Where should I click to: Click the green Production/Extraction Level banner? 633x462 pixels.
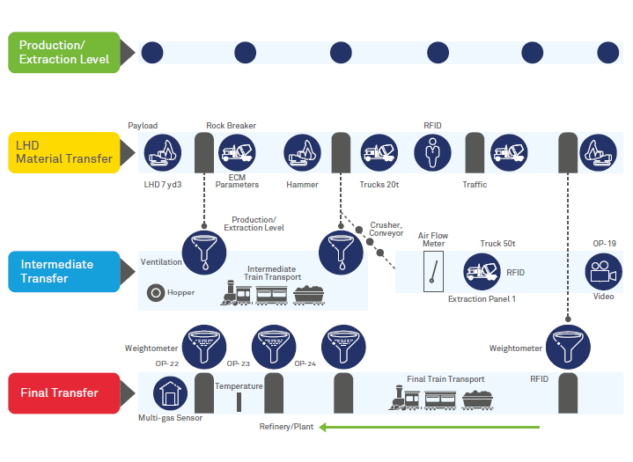tap(64, 52)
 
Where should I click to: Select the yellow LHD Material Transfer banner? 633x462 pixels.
tap(64, 152)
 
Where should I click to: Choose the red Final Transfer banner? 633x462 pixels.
tap(64, 392)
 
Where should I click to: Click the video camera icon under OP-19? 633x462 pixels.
tap(604, 270)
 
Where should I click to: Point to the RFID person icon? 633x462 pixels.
tap(432, 152)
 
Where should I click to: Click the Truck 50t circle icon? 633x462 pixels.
tap(482, 271)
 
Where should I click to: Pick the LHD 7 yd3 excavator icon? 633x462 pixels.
tap(162, 152)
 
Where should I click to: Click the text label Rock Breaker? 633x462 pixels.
tap(231, 126)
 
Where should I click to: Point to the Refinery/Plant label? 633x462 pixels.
tap(286, 428)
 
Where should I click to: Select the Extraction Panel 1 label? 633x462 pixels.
tap(482, 299)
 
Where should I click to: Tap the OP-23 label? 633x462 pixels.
tap(239, 363)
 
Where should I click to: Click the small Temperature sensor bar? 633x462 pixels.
tap(239, 401)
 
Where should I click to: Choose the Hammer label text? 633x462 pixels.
tap(302, 185)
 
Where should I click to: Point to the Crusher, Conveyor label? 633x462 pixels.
tap(386, 229)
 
